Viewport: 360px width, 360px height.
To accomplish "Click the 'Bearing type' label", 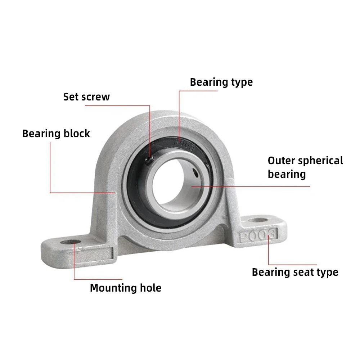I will (x=221, y=82).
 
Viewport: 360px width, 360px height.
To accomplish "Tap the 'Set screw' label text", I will (x=86, y=97).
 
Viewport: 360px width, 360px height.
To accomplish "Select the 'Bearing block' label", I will (x=56, y=134).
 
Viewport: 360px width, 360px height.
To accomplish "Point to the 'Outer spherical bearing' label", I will (x=305, y=167).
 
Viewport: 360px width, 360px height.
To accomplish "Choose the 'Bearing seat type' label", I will (x=295, y=272).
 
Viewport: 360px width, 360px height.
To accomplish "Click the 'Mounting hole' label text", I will (x=125, y=288).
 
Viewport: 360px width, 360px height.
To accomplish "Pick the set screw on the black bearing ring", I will (x=148, y=161).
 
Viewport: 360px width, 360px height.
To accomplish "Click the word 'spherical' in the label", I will (x=320, y=161).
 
